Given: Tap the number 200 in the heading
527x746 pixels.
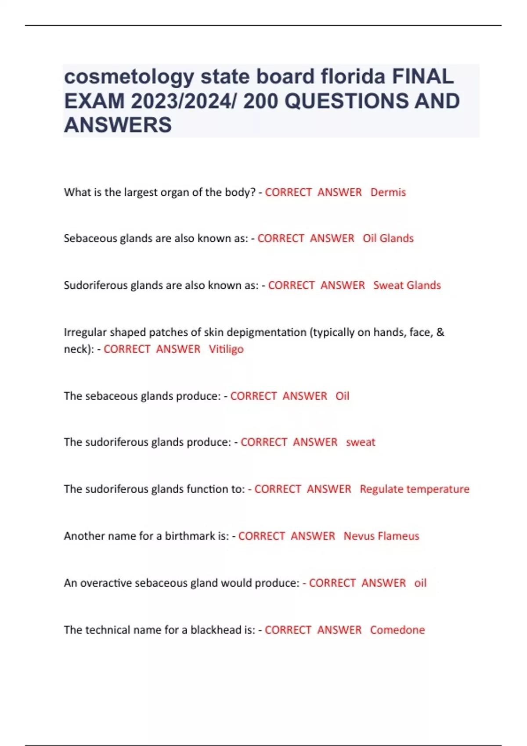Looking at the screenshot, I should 260,101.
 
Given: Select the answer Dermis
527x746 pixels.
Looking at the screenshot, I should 388,192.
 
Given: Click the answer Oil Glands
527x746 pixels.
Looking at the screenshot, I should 388,238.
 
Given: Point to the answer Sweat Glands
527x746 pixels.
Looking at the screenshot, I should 407,285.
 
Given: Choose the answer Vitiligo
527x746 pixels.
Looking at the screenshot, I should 226,349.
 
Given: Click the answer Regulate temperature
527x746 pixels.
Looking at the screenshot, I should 414,489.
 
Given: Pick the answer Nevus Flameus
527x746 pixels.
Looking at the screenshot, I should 381,536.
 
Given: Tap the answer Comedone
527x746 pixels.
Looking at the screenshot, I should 397,630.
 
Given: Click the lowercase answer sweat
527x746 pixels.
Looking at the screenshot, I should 361,442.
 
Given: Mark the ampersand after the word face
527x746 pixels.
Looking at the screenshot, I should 440,332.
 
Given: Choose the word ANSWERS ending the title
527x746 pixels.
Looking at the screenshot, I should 118,125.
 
